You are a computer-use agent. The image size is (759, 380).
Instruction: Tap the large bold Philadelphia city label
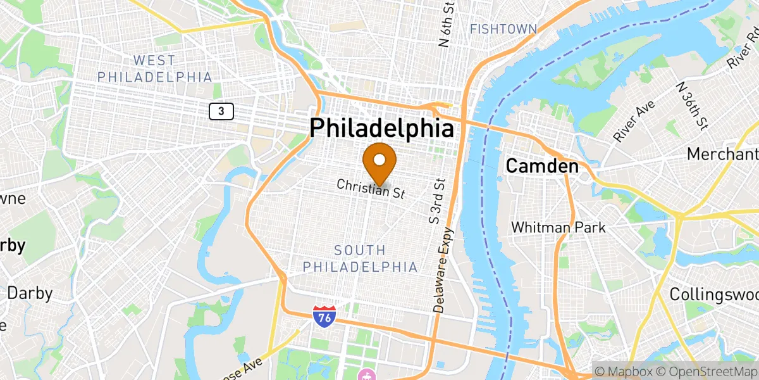pos(381,129)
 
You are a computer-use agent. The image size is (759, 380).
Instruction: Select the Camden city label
pos(542,167)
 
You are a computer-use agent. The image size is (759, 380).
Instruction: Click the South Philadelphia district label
pos(360,258)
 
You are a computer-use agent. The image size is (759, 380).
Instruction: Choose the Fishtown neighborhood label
pos(503,29)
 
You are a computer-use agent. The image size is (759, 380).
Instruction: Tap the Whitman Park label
pos(558,227)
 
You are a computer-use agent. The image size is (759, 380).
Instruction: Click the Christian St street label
pos(371,188)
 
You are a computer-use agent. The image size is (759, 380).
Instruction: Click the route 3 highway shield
pos(221,111)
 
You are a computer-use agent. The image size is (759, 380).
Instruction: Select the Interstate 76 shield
pos(324,315)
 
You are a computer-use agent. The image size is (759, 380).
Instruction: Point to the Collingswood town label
pos(713,294)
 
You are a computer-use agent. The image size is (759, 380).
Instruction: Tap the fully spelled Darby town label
pos(30,293)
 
